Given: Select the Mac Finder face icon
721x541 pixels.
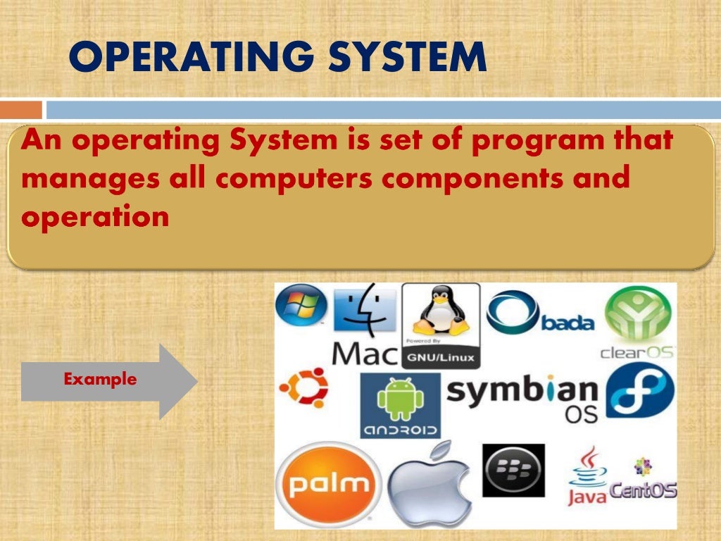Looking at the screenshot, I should [364, 311].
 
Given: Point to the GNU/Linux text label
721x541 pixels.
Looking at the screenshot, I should [441, 358].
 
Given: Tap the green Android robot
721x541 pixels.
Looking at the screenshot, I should [400, 399].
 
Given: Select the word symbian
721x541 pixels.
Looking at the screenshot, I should [522, 390].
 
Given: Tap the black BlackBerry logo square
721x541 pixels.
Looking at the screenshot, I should [513, 471].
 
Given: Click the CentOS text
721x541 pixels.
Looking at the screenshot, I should [643, 489].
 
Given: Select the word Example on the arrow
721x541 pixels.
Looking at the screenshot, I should [100, 380].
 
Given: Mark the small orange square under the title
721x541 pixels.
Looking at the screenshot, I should [20, 110].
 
